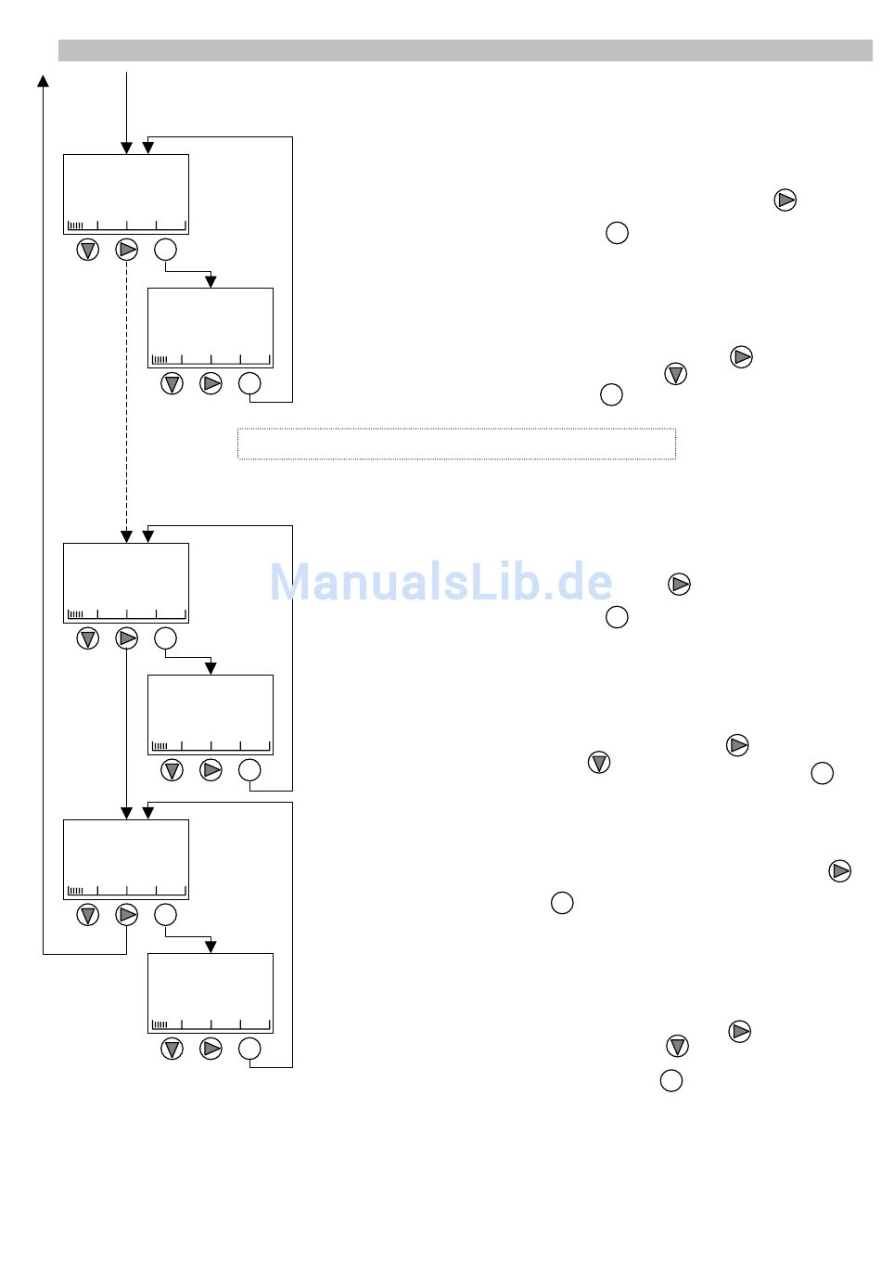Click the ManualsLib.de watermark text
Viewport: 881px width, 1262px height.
coord(440,583)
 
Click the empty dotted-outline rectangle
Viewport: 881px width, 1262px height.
coord(456,444)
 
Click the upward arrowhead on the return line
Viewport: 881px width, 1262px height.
coord(43,81)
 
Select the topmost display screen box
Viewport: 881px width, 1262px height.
coord(126,194)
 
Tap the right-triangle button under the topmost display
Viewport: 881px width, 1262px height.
coord(127,250)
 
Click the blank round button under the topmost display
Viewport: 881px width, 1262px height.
coord(165,250)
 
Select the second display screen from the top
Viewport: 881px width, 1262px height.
coord(211,328)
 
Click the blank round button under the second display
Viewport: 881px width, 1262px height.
coord(249,383)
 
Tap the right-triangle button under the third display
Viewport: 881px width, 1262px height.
coord(127,638)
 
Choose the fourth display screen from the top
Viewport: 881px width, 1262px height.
coord(211,715)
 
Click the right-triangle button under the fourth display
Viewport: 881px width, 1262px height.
coord(211,770)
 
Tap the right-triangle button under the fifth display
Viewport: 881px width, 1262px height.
coord(127,915)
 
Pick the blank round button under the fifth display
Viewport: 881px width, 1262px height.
coord(165,915)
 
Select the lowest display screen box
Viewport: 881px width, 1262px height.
coord(211,993)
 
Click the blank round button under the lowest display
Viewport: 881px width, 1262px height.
coord(249,1049)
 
